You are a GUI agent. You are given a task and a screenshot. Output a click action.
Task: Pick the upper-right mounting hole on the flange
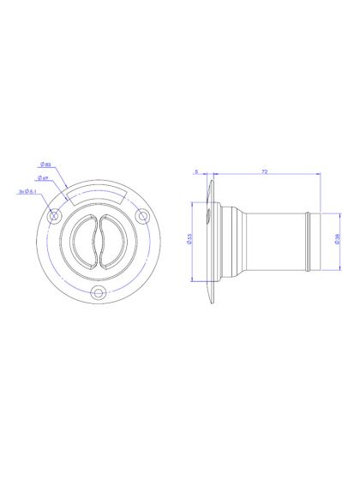[x=141, y=216]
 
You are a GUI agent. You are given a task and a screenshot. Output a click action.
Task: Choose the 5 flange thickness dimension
[x=196, y=172]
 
